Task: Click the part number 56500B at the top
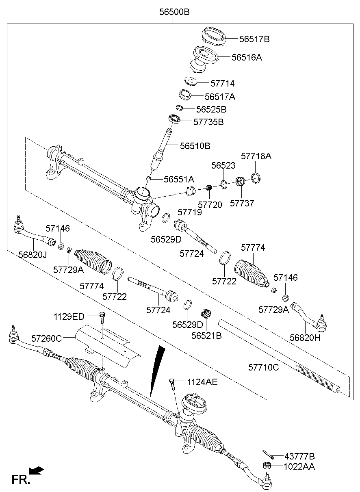(174, 12)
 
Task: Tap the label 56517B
(254, 39)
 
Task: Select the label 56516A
(247, 58)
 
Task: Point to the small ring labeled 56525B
(180, 108)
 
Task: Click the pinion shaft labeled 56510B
(162, 148)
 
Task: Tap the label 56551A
(179, 179)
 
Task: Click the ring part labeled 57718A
(256, 178)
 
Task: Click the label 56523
(223, 166)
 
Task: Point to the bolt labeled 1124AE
(172, 382)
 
